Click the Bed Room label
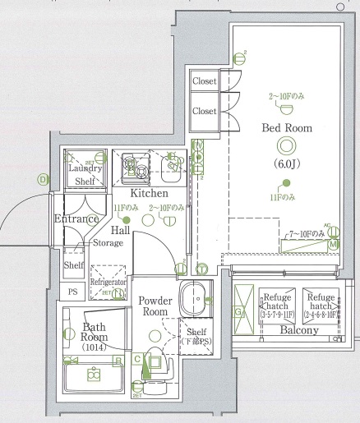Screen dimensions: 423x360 click(x=287, y=128)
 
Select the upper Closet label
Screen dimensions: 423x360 click(x=204, y=81)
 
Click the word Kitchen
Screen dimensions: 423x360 click(x=150, y=193)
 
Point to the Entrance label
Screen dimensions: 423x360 click(x=76, y=219)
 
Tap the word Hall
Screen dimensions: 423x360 click(x=120, y=232)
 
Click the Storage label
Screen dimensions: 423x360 click(x=108, y=243)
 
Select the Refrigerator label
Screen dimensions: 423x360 click(x=108, y=282)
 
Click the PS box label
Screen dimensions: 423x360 click(x=72, y=292)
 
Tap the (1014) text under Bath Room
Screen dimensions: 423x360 click(x=95, y=347)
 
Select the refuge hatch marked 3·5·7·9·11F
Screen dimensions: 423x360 click(x=277, y=305)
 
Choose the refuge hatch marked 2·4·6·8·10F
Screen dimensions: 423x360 click(x=321, y=305)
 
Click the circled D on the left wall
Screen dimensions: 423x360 click(x=42, y=178)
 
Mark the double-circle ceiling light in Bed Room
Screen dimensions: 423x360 click(x=286, y=147)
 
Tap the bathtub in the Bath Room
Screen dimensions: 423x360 click(x=93, y=375)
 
